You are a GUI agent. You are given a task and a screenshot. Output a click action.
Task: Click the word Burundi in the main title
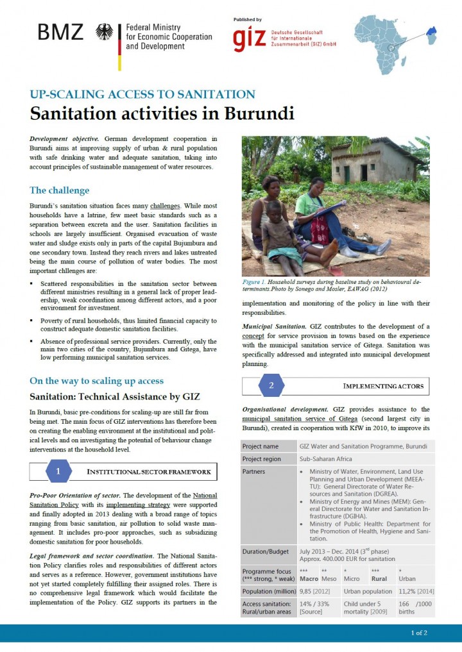(x=259, y=113)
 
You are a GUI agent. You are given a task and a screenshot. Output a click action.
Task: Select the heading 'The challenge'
(x=60, y=190)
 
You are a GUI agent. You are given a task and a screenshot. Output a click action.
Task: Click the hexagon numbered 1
(x=58, y=471)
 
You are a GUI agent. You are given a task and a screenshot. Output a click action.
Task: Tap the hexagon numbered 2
(x=271, y=385)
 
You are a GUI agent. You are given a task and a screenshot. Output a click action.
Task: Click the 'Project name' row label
(x=261, y=446)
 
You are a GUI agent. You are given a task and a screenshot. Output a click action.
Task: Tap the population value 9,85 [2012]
(x=314, y=591)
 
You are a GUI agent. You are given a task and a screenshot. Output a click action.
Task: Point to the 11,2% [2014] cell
(x=416, y=591)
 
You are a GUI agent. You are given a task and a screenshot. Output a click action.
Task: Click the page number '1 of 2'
(x=419, y=633)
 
